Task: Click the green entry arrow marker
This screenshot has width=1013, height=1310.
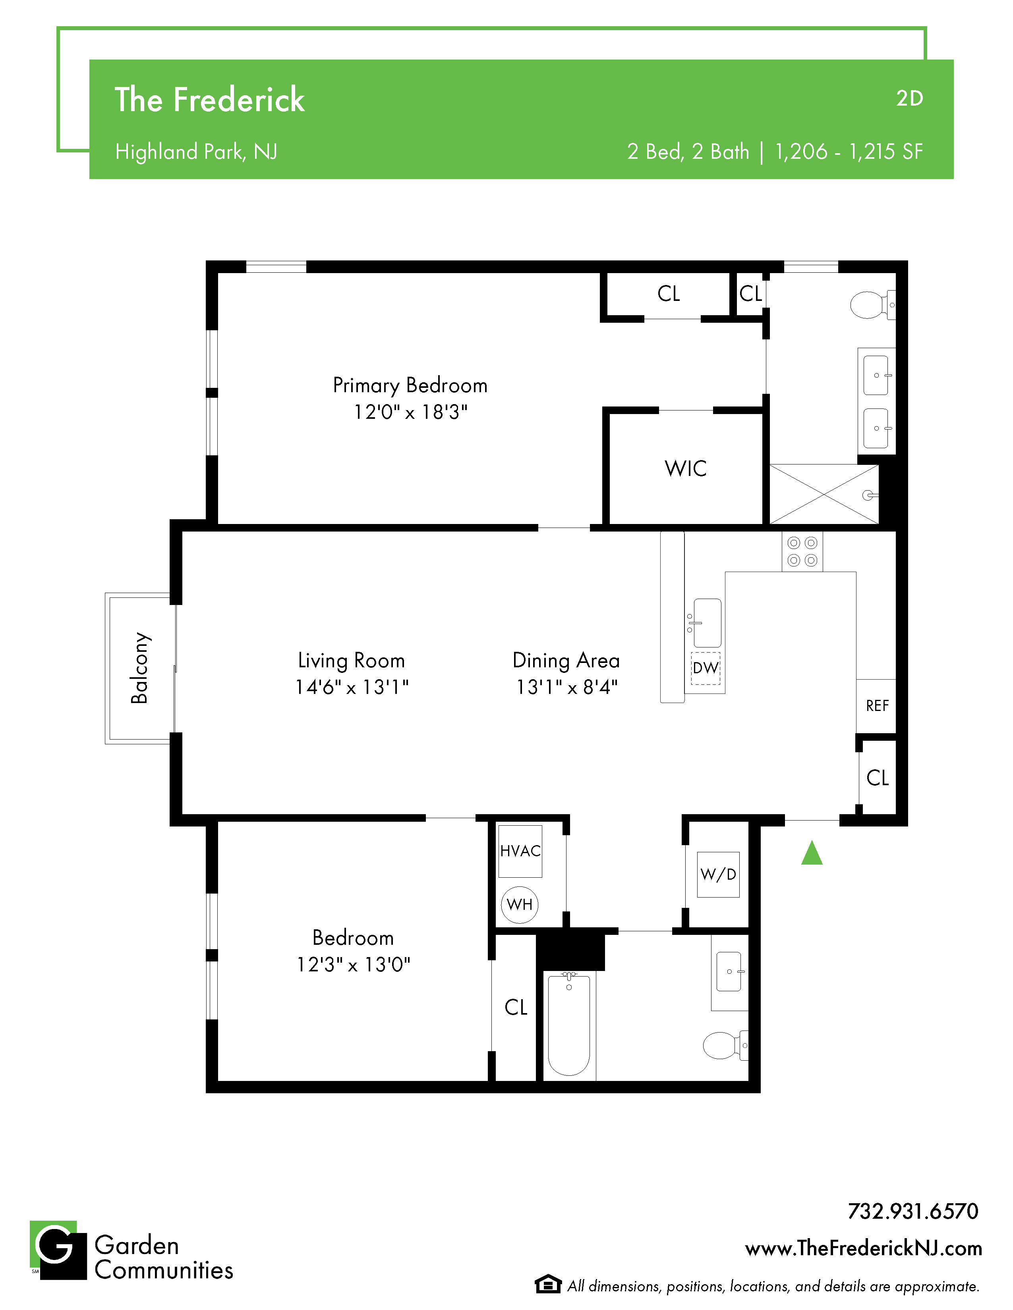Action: [811, 853]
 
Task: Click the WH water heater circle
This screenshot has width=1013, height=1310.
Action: [520, 905]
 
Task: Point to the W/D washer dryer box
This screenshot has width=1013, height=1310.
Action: [718, 875]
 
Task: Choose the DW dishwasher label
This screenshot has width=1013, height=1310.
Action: [706, 668]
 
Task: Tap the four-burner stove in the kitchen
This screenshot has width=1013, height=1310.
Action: [802, 552]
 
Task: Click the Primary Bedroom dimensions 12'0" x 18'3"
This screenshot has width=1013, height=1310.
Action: [410, 412]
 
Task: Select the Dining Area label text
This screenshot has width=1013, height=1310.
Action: [566, 661]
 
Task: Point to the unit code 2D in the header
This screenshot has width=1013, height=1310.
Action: [909, 98]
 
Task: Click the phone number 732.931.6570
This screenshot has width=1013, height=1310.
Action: [913, 1211]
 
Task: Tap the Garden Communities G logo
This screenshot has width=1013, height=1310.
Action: [58, 1250]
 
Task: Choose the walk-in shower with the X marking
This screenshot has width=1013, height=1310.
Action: [824, 494]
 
